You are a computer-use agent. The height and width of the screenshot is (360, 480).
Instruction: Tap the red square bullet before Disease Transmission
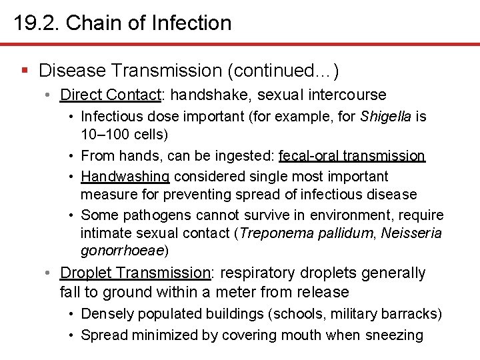25,70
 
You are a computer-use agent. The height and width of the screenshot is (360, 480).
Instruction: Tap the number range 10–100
105,134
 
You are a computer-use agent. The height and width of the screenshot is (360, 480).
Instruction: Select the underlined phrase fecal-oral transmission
352,156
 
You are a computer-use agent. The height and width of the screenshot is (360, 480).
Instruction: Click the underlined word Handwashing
125,176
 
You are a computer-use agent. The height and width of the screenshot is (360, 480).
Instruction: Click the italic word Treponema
274,233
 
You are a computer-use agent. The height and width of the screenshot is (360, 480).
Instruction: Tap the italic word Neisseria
411,233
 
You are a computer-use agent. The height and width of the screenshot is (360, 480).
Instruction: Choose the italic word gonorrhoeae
122,251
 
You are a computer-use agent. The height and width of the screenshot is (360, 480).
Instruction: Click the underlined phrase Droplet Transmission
135,273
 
